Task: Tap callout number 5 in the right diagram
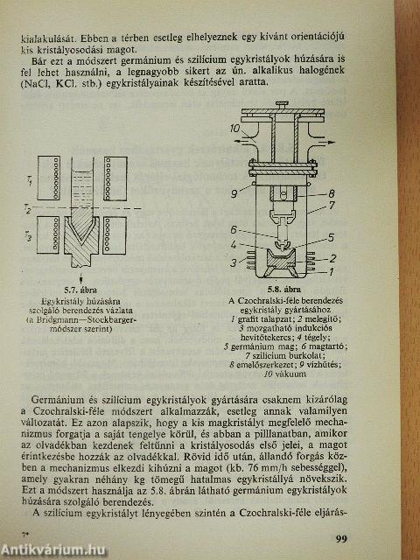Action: coord(332,236)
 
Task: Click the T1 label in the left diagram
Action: coord(29,179)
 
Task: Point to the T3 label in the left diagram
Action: coord(29,236)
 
